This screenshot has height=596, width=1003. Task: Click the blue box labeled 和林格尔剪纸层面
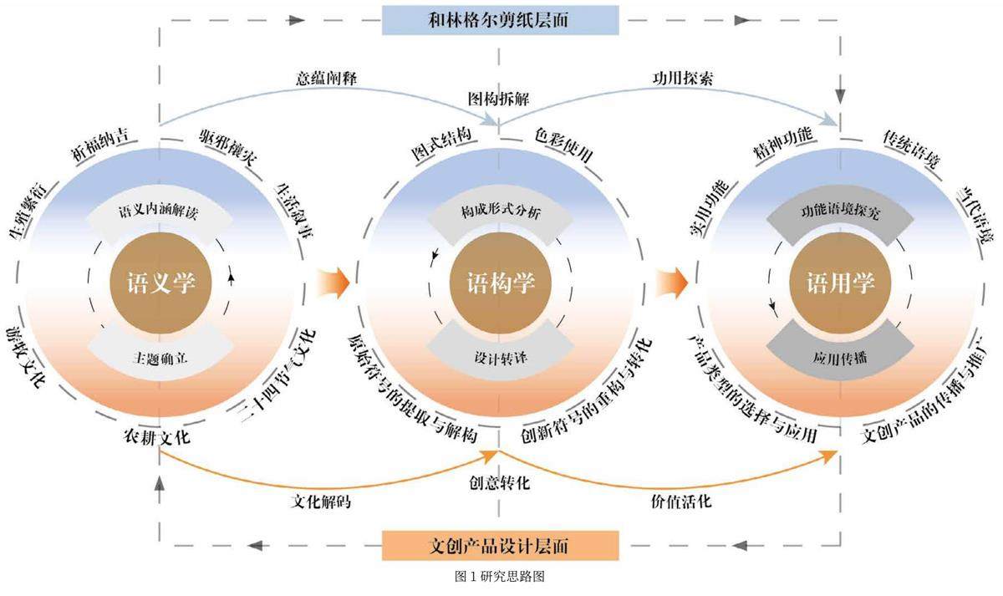(x=500, y=20)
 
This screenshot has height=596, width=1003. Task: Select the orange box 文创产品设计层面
(x=500, y=546)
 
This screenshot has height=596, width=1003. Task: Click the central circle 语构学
(x=500, y=284)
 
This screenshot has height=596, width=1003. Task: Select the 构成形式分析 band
(x=500, y=212)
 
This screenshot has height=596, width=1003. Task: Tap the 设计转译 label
(x=500, y=358)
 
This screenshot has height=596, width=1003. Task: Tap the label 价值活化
(x=681, y=503)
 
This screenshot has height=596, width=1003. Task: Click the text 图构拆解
(x=498, y=99)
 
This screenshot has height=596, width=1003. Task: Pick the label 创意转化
(x=500, y=483)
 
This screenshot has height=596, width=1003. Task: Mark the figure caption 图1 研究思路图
(x=501, y=576)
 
